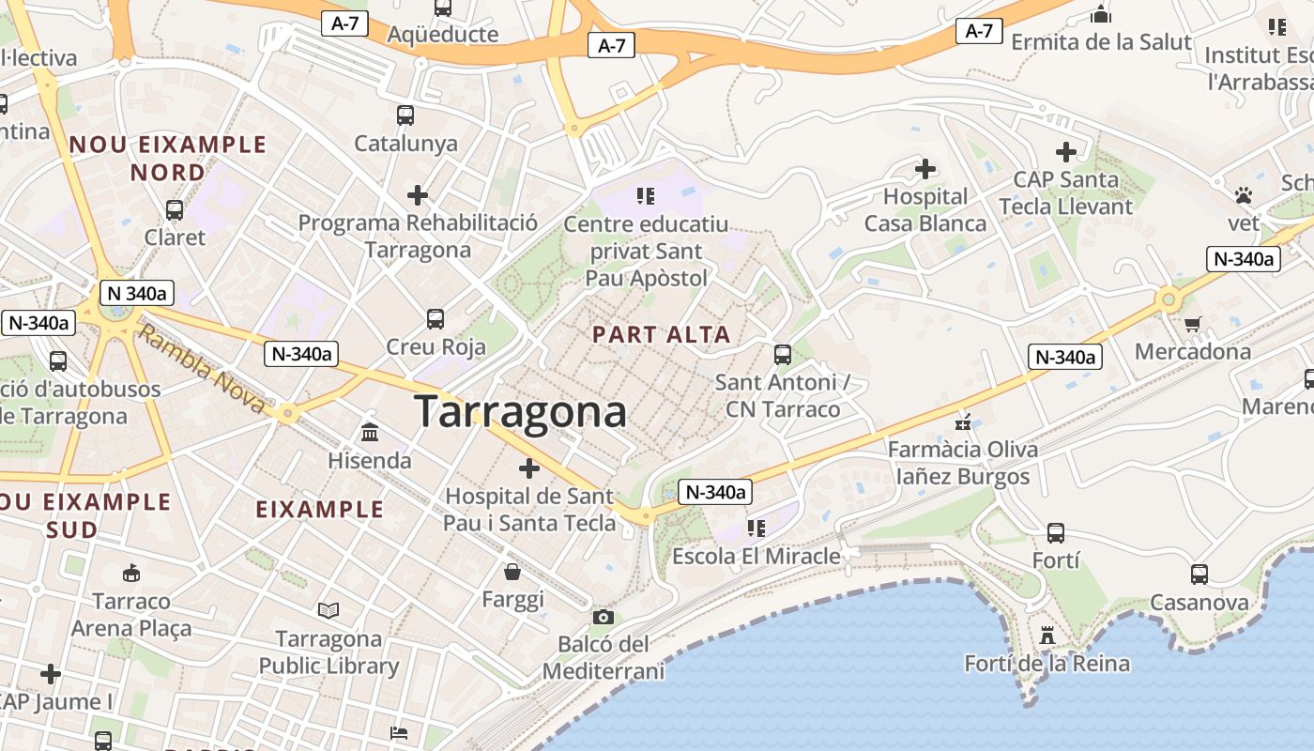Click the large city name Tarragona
click(x=521, y=411)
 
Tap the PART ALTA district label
click(x=662, y=334)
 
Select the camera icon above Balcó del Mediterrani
click(x=604, y=617)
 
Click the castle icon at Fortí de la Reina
click(x=1047, y=636)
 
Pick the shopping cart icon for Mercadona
click(x=1193, y=324)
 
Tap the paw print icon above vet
click(x=1244, y=195)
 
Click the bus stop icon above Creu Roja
click(x=435, y=318)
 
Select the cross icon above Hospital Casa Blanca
click(x=925, y=169)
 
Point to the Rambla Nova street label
click(x=201, y=368)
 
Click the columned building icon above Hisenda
click(x=370, y=433)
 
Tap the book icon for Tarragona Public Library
click(x=328, y=611)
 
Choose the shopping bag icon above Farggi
click(x=512, y=571)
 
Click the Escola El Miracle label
click(x=756, y=556)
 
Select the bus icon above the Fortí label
click(x=1056, y=533)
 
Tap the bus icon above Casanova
click(x=1199, y=574)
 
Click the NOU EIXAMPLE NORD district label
click(x=168, y=158)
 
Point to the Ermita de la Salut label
click(x=1101, y=42)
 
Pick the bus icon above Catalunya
click(x=405, y=115)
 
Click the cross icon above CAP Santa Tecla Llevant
click(x=1066, y=151)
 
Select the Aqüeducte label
click(x=443, y=35)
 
